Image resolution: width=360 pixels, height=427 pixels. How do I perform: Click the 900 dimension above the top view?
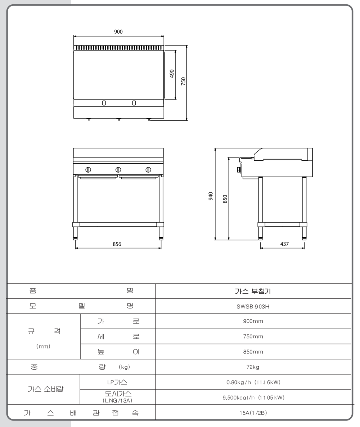[118, 32]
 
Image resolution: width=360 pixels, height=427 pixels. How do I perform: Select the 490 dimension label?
[172, 74]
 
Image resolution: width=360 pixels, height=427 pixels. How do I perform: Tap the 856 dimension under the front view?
[117, 244]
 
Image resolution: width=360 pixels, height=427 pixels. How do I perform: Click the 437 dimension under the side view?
[284, 244]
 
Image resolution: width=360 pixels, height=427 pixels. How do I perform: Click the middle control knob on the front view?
[118, 170]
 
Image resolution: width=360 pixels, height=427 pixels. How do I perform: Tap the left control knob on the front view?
[88, 170]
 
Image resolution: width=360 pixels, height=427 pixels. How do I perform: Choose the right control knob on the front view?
[148, 170]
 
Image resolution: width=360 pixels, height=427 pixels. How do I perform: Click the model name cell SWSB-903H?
[253, 306]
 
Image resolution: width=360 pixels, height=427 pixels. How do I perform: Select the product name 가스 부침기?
[253, 291]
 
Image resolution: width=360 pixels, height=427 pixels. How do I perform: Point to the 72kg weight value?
[253, 367]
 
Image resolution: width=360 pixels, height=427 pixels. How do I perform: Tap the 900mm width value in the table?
[253, 321]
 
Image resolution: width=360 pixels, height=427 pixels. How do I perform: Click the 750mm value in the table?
[253, 337]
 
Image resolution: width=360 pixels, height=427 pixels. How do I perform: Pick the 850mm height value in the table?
[253, 352]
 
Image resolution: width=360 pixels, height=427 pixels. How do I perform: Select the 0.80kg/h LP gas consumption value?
[253, 382]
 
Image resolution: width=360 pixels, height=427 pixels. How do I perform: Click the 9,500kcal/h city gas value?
[253, 397]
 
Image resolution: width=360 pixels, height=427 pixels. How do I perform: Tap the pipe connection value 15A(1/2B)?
[253, 413]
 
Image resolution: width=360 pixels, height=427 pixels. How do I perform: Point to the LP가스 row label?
[118, 382]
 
